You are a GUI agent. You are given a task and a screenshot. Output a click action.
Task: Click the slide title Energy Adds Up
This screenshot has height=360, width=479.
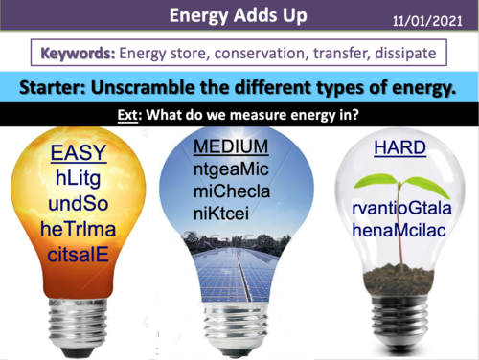pyautogui.click(x=239, y=17)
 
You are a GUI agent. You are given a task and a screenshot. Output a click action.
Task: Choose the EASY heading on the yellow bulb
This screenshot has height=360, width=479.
pyautogui.click(x=80, y=155)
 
